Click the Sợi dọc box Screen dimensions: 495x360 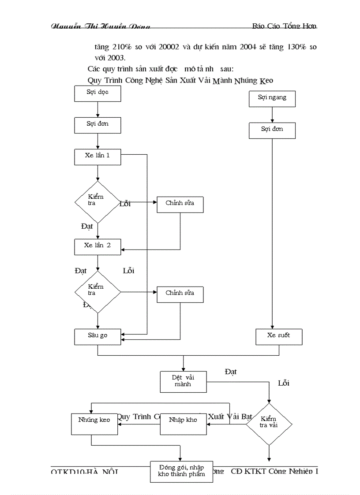(x=97, y=93)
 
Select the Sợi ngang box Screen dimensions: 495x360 (x=272, y=99)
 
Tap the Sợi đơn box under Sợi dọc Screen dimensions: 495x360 (x=97, y=125)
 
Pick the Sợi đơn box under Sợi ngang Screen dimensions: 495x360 (x=272, y=130)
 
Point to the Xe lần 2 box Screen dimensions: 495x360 (x=97, y=246)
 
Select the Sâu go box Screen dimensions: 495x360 (x=97, y=336)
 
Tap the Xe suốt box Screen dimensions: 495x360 (x=279, y=337)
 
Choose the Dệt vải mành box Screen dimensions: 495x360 (x=183, y=381)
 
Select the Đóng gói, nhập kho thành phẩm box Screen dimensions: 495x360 (x=181, y=471)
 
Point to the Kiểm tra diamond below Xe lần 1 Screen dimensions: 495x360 (x=97, y=202)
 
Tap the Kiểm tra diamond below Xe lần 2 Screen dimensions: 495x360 (x=97, y=292)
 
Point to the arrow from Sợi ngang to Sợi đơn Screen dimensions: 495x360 (x=272, y=115)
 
